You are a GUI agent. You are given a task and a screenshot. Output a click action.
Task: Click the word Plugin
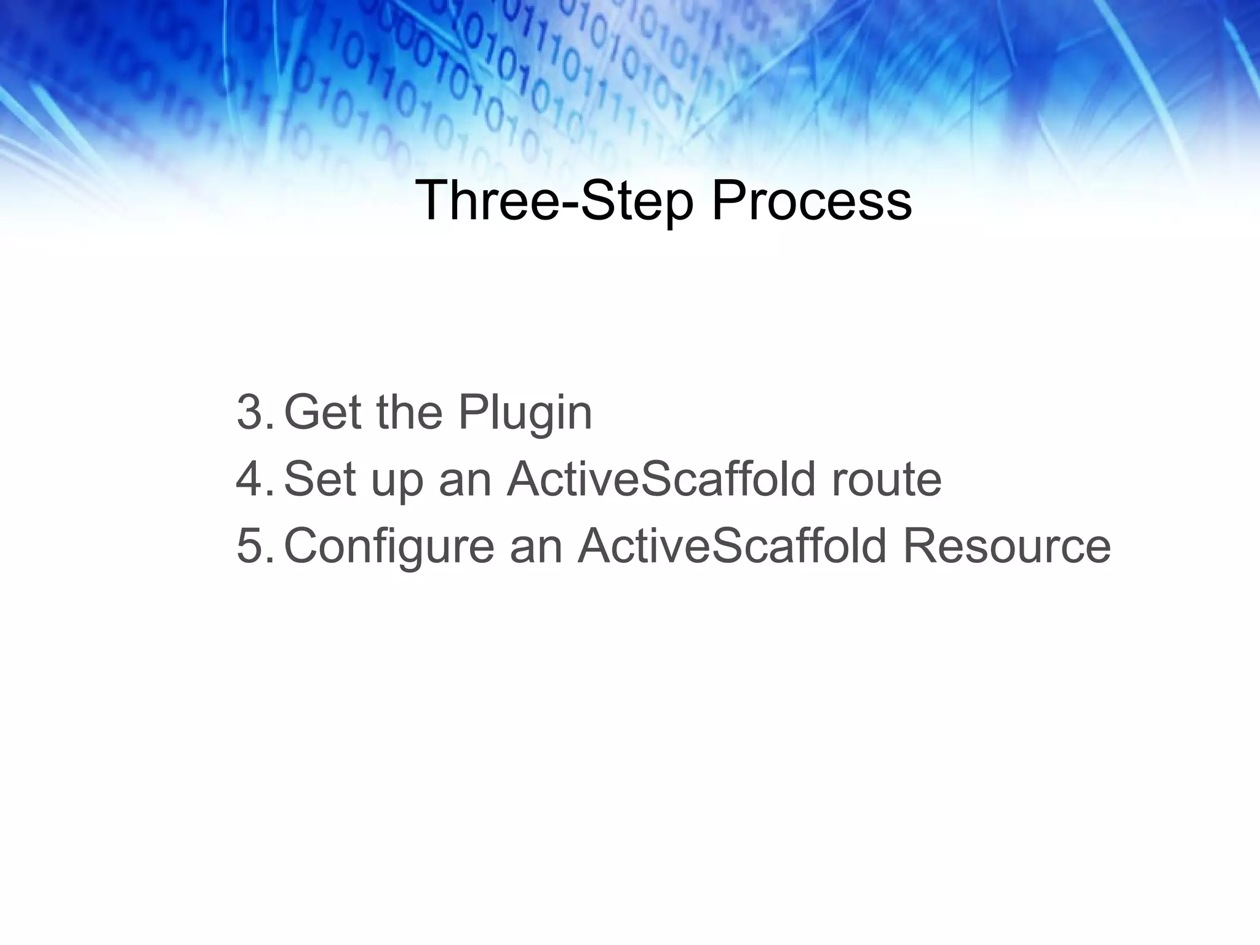point(524,413)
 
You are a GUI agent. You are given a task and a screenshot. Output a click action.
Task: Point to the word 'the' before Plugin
point(409,412)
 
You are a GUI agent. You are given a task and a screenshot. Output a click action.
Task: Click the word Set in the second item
point(320,479)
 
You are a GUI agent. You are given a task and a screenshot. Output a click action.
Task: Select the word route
point(886,480)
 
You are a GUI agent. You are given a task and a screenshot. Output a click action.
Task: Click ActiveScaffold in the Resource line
point(732,546)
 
